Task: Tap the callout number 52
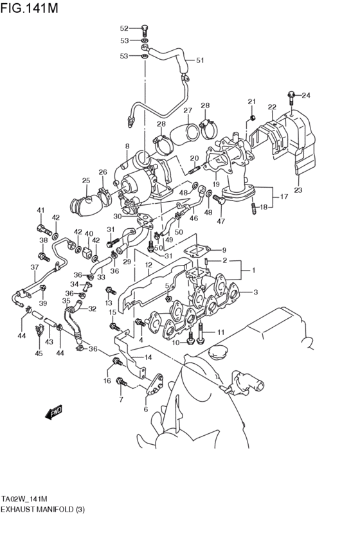[125, 28]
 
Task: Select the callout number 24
[306, 96]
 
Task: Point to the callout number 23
[298, 190]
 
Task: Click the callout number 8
[127, 147]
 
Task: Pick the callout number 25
[85, 181]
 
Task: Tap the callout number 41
[40, 210]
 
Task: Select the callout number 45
[39, 353]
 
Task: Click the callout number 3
[255, 292]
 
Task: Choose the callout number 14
[148, 357]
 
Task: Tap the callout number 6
[146, 409]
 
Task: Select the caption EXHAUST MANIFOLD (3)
[42, 509]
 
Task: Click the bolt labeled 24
[292, 96]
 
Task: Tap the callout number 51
[200, 60]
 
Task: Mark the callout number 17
[284, 197]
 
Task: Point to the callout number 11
[220, 332]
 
